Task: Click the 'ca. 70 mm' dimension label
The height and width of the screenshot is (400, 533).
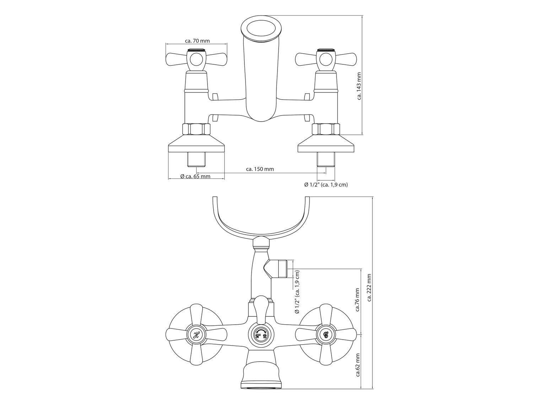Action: point(197,41)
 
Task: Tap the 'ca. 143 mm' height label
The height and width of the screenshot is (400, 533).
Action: point(359,86)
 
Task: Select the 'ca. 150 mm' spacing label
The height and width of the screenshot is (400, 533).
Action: point(260,169)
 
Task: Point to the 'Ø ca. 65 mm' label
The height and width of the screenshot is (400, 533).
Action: point(195,176)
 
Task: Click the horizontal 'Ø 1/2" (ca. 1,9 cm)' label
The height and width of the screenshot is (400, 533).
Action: point(326,185)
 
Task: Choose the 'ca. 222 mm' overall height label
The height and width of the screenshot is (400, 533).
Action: point(369,288)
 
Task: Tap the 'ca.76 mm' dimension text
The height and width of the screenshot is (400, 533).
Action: point(357,300)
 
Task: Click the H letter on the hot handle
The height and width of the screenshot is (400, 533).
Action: point(196,335)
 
